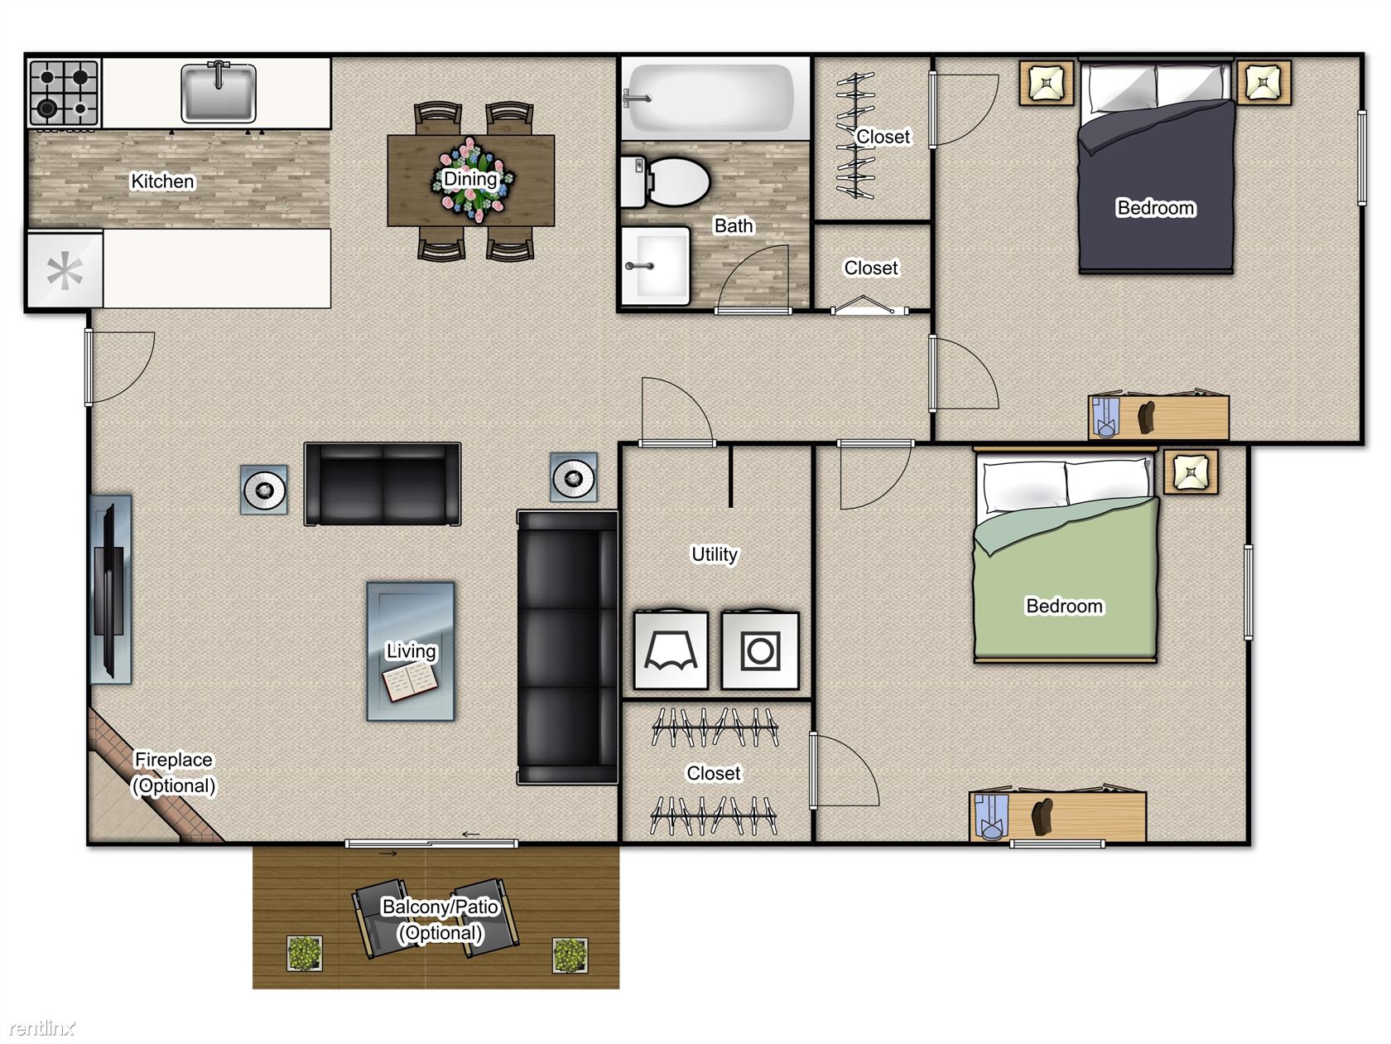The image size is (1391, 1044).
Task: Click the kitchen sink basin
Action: (x=219, y=93)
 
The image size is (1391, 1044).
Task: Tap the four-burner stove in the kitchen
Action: (x=64, y=93)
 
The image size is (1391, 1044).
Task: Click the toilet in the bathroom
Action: (x=665, y=182)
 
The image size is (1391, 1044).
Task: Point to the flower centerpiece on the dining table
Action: (x=472, y=180)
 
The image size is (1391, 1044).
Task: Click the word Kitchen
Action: (x=162, y=181)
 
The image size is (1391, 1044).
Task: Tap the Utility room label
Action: (x=715, y=554)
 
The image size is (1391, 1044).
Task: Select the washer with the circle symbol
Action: (x=760, y=650)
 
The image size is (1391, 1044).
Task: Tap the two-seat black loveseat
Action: (x=383, y=484)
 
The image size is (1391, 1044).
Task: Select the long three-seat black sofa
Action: (x=567, y=647)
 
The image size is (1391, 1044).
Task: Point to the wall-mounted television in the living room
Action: (x=109, y=589)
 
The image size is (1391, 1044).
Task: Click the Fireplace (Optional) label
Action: (x=174, y=773)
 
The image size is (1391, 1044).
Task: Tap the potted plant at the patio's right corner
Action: (x=570, y=955)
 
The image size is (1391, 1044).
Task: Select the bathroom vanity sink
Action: (x=655, y=266)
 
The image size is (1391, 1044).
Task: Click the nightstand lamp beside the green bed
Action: (x=1191, y=472)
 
